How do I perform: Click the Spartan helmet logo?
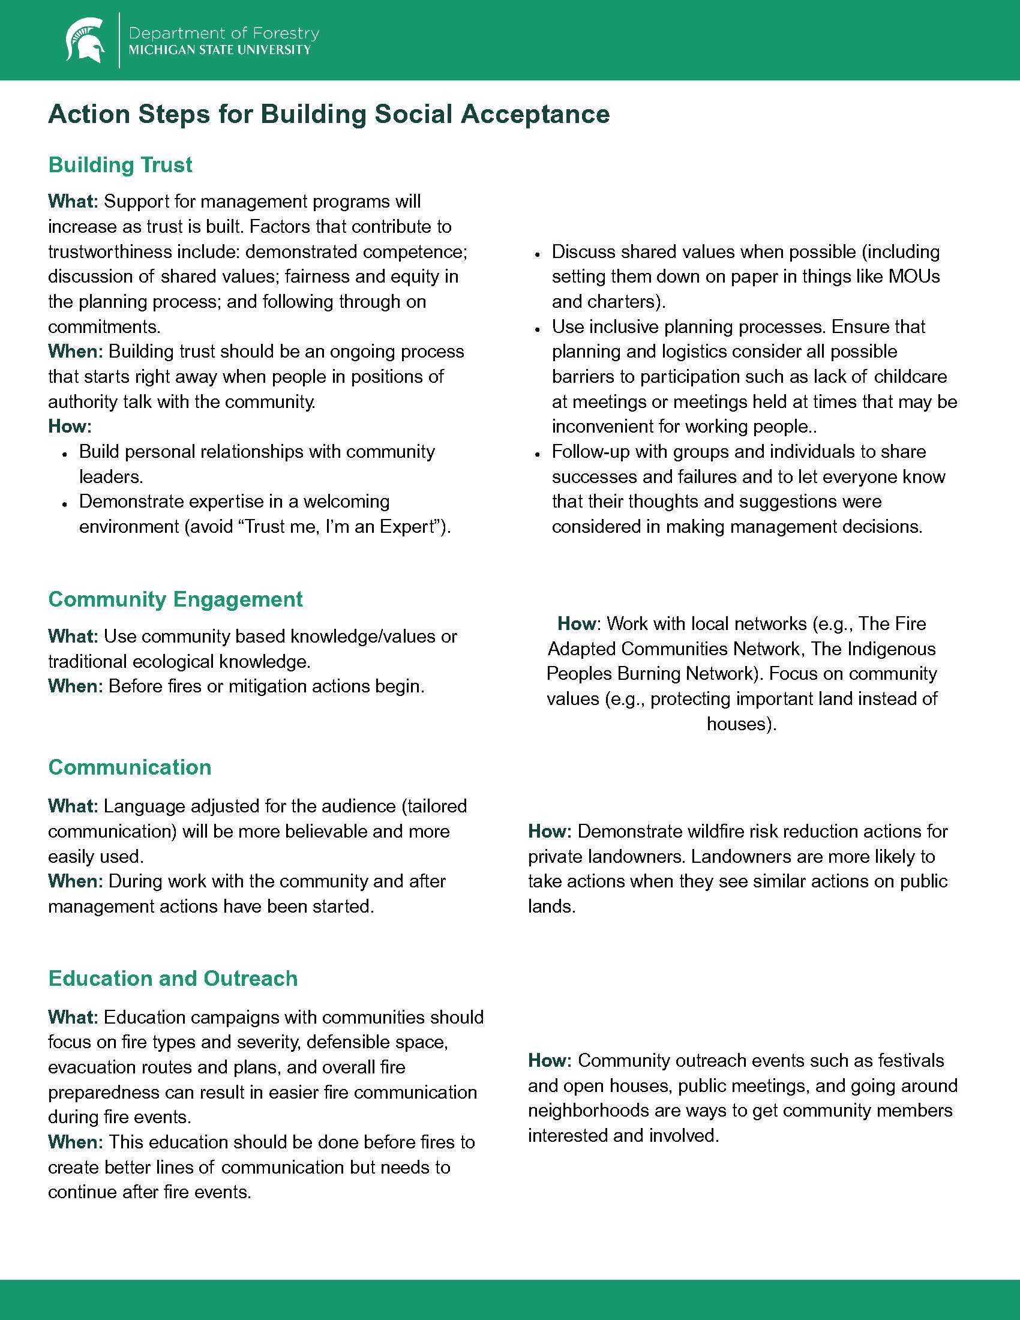point(85,40)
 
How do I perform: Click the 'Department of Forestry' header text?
point(224,32)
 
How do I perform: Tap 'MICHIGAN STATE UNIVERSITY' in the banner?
point(220,50)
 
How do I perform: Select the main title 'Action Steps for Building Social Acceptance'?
point(329,114)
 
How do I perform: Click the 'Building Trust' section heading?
point(120,165)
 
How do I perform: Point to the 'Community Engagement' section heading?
point(175,599)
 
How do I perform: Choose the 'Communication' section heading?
point(130,767)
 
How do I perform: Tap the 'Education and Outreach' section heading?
point(173,978)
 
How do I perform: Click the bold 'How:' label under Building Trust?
point(70,427)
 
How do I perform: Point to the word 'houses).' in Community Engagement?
point(742,724)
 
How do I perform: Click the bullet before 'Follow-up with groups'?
point(536,452)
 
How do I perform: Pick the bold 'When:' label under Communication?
point(76,881)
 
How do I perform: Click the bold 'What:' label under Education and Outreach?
point(73,1016)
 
